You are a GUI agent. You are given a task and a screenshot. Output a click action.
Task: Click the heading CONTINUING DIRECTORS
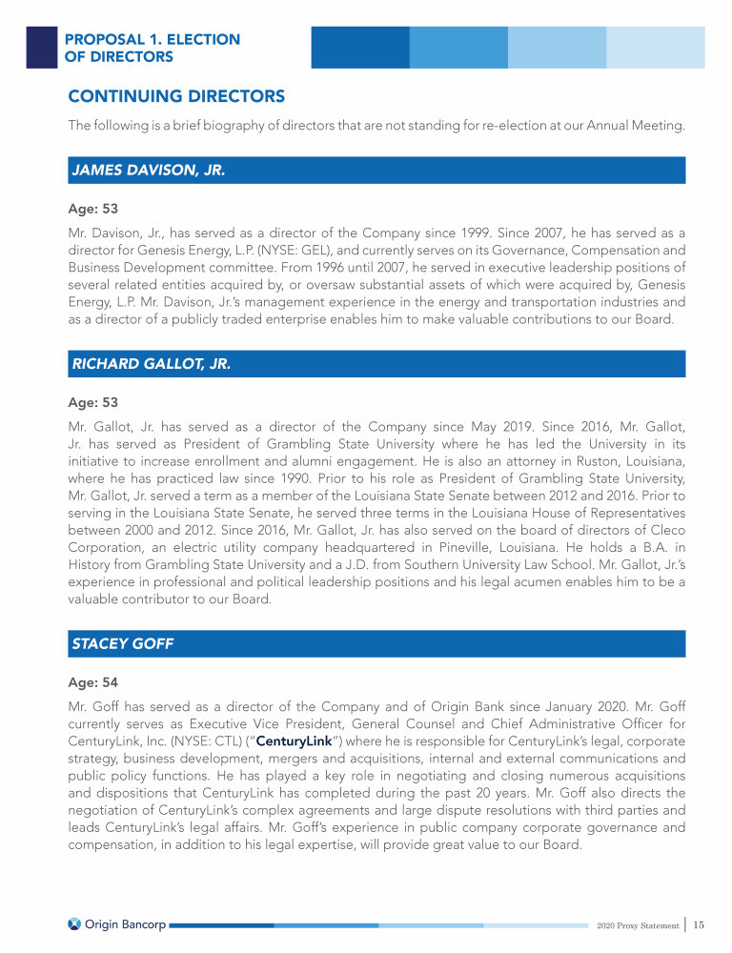coord(176,96)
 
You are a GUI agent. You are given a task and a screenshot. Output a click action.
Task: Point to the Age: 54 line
coord(92,681)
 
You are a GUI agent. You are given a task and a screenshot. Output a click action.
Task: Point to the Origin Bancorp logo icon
coord(74,923)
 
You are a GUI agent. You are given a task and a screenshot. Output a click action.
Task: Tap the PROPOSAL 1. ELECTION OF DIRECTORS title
coord(152,48)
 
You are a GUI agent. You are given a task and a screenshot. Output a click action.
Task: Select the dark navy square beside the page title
coord(41,48)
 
